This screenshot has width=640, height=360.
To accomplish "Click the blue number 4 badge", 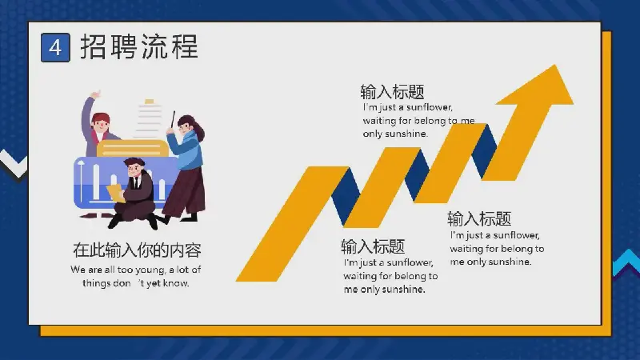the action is point(55,48).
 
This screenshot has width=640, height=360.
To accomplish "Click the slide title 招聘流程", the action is point(139,46).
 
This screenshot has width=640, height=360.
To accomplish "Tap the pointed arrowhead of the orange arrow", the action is point(556,66).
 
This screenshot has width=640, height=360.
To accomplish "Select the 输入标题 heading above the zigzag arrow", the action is point(392,92).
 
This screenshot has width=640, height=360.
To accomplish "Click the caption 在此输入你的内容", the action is point(137,250).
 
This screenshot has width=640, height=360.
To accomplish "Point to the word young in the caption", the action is point(150,270).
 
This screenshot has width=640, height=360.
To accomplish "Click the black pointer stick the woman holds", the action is point(173,119).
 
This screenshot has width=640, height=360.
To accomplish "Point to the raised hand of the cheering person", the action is point(96,94).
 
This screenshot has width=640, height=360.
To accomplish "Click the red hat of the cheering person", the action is point(100,118).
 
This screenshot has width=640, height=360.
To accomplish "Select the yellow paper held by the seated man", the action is point(116,193).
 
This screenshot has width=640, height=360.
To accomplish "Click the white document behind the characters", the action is point(148,119).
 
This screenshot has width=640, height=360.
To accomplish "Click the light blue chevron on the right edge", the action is point(627,263).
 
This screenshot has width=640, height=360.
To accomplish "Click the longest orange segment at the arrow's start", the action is point(293,224).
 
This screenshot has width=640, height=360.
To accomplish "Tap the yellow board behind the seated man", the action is point(133,149).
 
